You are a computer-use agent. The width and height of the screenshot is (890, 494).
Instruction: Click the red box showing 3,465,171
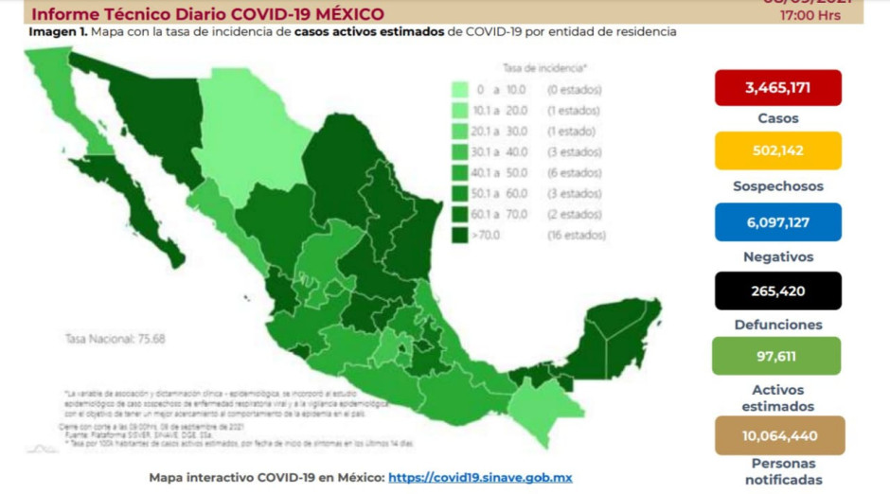coord(777,87)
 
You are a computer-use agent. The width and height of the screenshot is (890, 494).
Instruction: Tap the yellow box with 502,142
coord(777,150)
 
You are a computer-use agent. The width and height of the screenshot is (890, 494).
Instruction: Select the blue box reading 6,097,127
coord(777,221)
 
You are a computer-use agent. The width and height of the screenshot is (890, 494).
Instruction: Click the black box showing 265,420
coord(777,291)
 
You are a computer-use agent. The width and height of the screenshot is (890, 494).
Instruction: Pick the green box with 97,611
coord(777,356)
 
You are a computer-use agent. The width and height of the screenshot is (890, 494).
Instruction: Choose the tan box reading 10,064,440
coord(777,435)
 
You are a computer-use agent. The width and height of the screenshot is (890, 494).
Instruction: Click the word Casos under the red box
coord(777,118)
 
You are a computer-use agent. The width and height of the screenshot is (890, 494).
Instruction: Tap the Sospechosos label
coord(777,186)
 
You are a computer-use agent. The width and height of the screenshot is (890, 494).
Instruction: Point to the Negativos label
coord(777,256)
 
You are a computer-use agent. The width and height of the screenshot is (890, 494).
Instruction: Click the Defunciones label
coord(777,325)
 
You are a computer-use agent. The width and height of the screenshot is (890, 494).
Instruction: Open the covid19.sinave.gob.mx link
coord(480,478)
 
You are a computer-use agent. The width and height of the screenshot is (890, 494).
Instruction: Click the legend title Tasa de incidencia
coord(543,68)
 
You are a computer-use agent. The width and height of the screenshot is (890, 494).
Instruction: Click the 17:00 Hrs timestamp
coord(810,16)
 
